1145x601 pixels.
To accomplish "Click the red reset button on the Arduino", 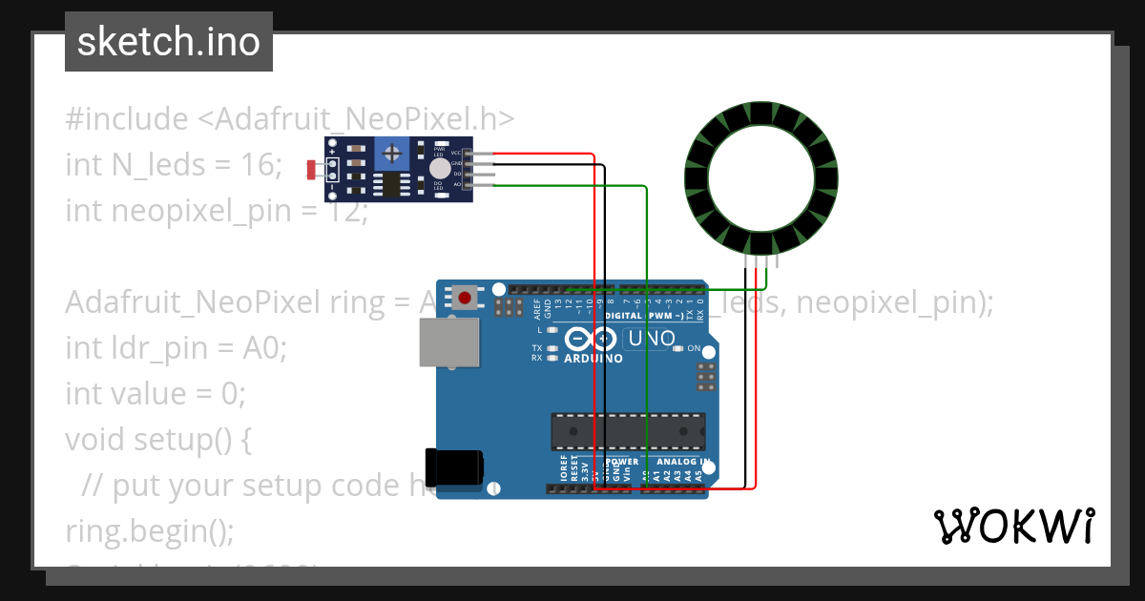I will [465, 298].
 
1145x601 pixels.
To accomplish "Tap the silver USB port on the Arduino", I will [449, 342].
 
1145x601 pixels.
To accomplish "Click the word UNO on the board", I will [653, 339].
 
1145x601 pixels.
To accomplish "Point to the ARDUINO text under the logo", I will [593, 359].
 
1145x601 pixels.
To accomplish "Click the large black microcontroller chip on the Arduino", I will [628, 431].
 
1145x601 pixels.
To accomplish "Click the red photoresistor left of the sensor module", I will [310, 170].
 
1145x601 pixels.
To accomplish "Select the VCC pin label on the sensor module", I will [456, 153].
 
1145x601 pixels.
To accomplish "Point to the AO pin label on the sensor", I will [456, 184].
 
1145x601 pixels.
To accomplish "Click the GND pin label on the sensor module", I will [456, 163].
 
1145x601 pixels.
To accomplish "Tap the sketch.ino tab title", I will [169, 42].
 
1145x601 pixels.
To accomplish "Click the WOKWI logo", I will [1013, 526].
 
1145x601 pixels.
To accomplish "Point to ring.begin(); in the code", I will [149, 530].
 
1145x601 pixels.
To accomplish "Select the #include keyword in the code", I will [127, 119].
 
